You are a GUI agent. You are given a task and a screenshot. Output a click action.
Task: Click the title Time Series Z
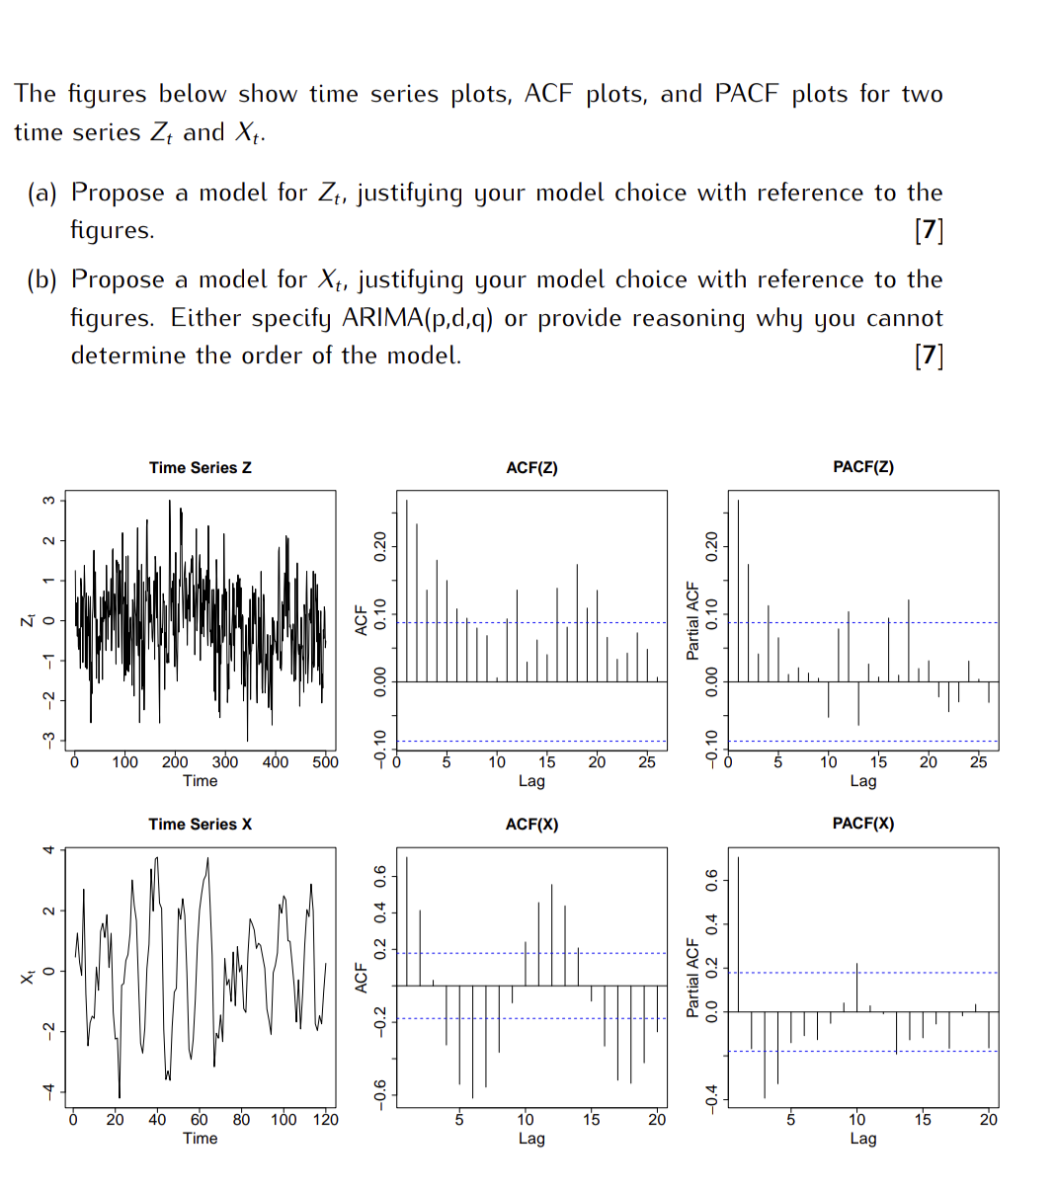pos(201,468)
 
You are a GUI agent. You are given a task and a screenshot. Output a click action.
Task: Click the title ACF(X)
pos(531,825)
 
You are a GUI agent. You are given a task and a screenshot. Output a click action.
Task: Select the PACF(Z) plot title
pos(863,467)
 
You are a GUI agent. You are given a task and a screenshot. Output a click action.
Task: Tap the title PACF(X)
pos(863,824)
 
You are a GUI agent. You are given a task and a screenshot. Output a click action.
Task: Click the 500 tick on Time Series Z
pos(325,762)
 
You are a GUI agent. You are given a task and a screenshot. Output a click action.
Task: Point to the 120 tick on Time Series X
pos(325,1120)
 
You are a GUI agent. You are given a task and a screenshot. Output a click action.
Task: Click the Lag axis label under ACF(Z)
pos(531,781)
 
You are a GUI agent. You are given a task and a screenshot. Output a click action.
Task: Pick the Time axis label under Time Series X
pos(201,1139)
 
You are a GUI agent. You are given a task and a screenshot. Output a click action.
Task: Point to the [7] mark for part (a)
pos(929,231)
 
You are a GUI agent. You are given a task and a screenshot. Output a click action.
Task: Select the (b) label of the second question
pos(41,280)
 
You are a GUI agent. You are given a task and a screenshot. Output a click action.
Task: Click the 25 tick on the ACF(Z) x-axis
pos(646,762)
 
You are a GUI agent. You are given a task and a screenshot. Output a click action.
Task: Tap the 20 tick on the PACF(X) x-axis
pos(988,1120)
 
